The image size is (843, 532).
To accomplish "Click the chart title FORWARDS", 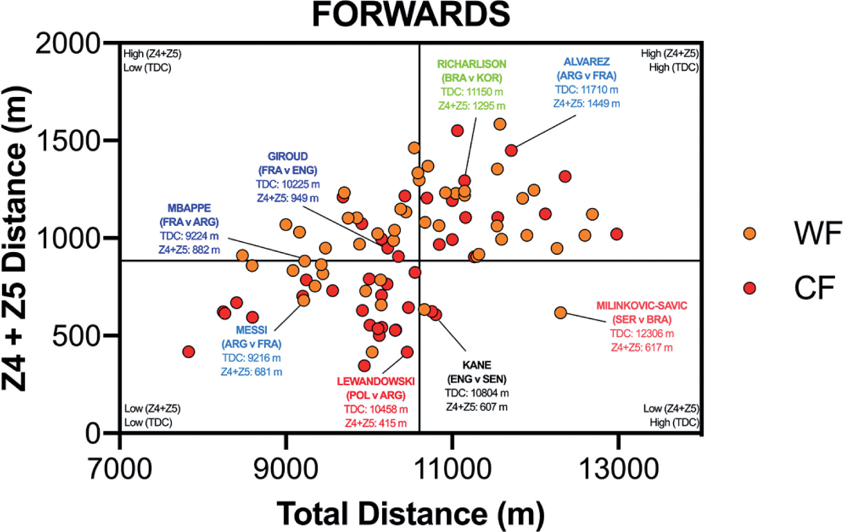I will click(410, 14).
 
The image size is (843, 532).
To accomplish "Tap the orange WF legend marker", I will click(750, 233).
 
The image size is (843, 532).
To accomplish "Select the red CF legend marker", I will click(750, 288).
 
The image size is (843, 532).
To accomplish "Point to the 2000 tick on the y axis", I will click(68, 44).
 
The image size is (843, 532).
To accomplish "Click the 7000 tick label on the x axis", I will click(120, 468).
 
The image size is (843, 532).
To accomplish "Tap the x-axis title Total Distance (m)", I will click(410, 513).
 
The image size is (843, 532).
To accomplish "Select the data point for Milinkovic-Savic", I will click(560, 313).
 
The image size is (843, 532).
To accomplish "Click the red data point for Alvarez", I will click(511, 150).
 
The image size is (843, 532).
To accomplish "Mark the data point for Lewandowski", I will click(407, 352).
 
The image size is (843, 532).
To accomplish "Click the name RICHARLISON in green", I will click(471, 64).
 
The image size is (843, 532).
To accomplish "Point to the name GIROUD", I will click(287, 156).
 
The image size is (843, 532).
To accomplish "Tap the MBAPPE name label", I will click(189, 208).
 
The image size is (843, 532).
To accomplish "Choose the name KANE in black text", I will click(477, 365).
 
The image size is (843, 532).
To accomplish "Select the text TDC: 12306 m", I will click(642, 333).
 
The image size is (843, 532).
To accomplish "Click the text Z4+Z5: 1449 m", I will click(586, 104).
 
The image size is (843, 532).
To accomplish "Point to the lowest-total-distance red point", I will click(189, 352).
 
